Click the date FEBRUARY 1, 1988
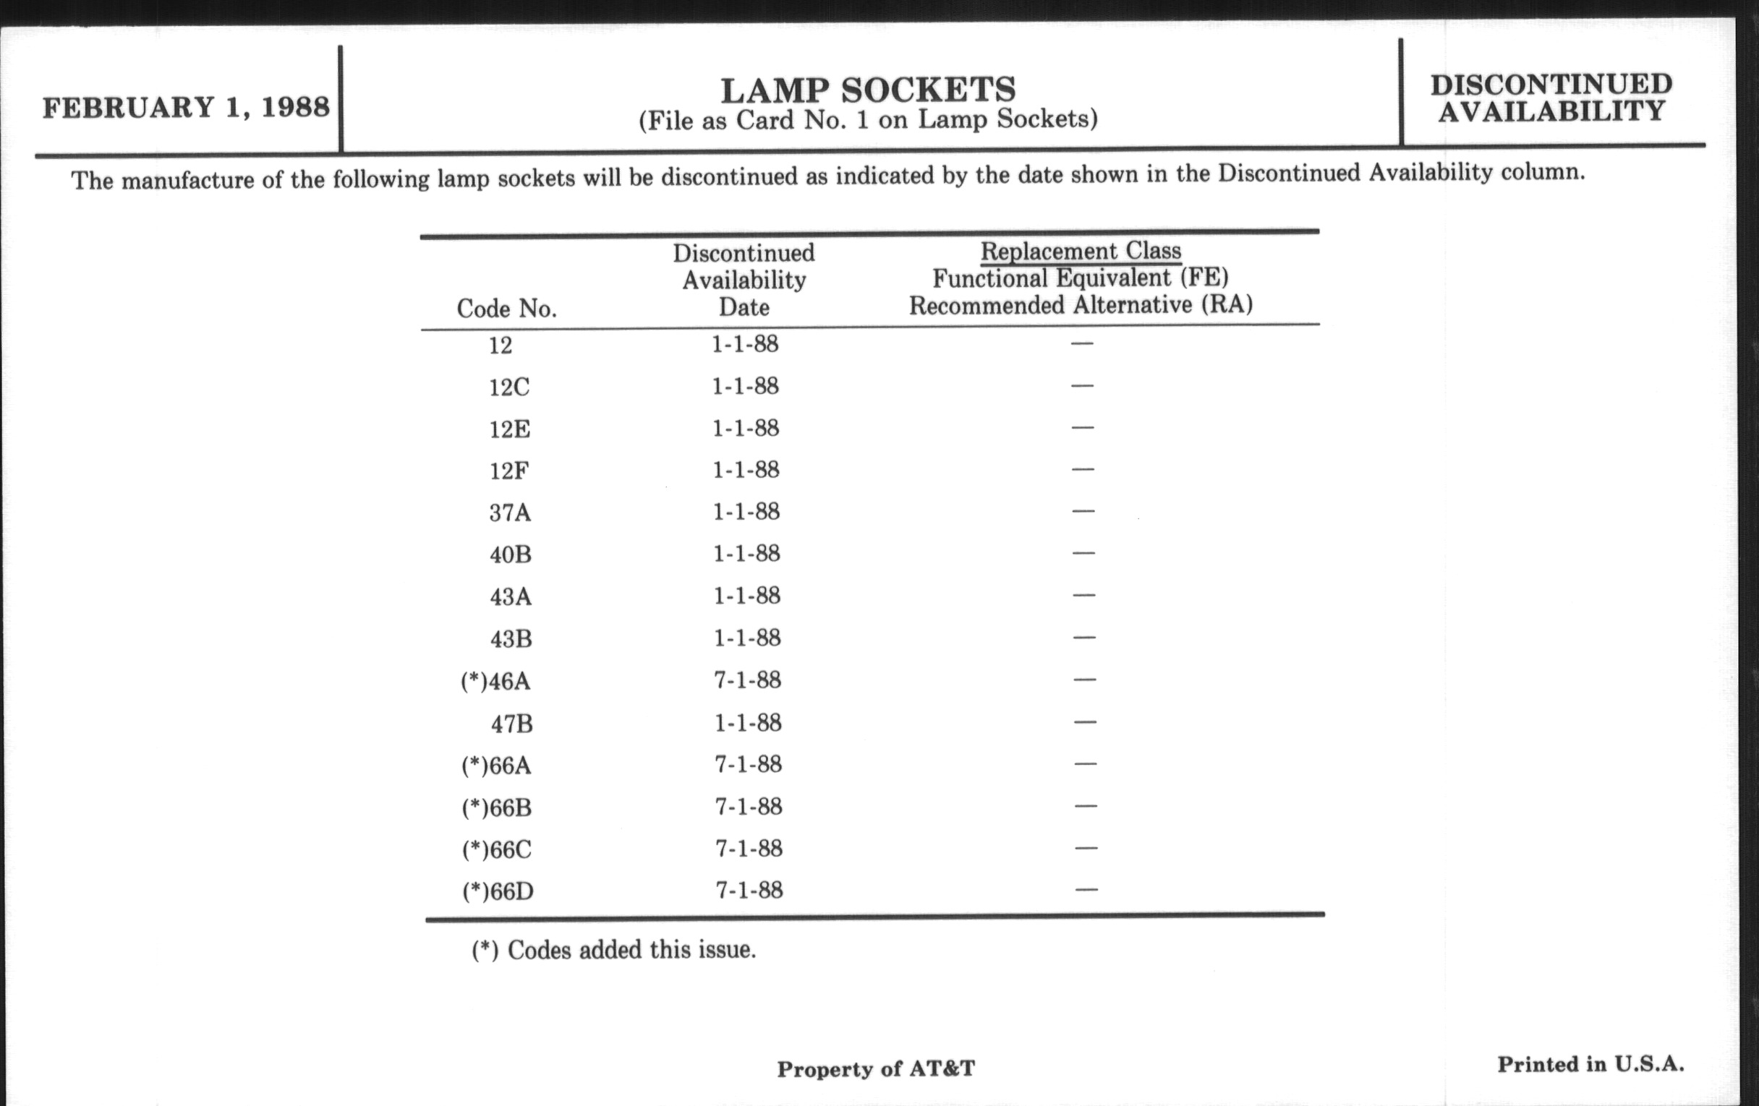pos(187,107)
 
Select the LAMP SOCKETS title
pos(868,90)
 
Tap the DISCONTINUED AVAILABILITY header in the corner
pos(1551,98)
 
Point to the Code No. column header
pos(506,309)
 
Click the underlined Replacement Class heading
pos(1081,251)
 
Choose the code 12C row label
pos(509,387)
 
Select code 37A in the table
pos(510,513)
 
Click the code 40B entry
pos(510,555)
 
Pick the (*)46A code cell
pos(496,681)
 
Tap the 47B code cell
pos(511,724)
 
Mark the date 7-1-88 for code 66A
pos(748,764)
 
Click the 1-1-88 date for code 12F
pos(746,469)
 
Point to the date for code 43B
pos(746,638)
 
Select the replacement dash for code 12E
pos(1083,427)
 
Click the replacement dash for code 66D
pos(1086,890)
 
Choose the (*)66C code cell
pos(497,850)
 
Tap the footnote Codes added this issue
pos(613,950)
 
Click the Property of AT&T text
pos(875,1068)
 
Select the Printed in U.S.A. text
pos(1590,1064)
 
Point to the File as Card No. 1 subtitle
pos(868,120)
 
